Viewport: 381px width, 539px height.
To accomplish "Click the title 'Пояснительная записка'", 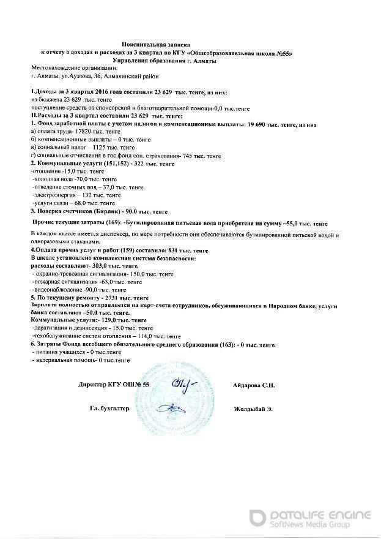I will point(156,45).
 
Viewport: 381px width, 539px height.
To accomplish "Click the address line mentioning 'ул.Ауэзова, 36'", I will point(94,77).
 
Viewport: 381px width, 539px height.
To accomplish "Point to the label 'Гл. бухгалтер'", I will point(109,409).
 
